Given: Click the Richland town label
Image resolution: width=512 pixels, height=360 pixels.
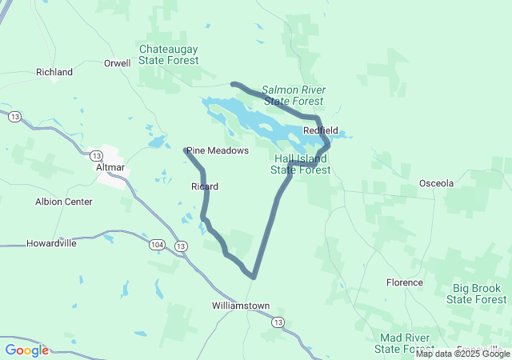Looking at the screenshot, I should [x=54, y=72].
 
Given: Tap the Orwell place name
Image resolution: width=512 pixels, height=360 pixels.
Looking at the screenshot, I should [x=117, y=63].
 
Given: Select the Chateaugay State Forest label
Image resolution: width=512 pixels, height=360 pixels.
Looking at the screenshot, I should [x=168, y=54].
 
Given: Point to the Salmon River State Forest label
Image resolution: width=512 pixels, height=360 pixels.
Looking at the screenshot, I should [x=294, y=95].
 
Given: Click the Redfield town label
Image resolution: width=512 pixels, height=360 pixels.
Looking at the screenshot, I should [x=320, y=130].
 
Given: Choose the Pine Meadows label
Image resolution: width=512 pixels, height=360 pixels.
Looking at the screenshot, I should [x=218, y=150].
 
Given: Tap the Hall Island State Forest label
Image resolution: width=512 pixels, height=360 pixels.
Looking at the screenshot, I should [x=300, y=164].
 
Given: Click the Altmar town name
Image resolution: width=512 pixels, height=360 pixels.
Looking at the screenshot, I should [x=110, y=167].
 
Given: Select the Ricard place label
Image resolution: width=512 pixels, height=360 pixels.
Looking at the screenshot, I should [x=205, y=186].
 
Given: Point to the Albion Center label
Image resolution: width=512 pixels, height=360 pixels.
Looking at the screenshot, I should [x=64, y=202].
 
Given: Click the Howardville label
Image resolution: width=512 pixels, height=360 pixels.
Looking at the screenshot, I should [x=51, y=243].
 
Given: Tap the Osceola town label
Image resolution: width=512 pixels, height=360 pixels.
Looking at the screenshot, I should [x=436, y=183].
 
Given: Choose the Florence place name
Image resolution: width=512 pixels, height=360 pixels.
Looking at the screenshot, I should [x=404, y=282].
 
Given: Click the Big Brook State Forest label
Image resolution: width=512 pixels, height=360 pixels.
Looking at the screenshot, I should [x=476, y=294].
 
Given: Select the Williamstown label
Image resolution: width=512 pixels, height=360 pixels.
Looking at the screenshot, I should [x=241, y=306].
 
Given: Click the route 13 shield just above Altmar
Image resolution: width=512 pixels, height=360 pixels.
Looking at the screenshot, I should [x=96, y=154].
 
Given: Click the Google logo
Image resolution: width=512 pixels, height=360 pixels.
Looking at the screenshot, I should [x=26, y=350].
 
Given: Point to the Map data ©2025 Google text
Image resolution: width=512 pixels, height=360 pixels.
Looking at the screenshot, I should [x=462, y=354].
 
